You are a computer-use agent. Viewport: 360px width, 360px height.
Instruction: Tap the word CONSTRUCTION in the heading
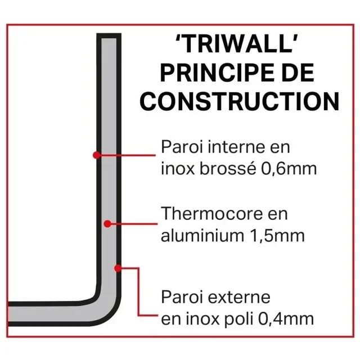click(x=240, y=101)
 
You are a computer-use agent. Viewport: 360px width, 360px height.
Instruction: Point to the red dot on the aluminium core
click(x=107, y=224)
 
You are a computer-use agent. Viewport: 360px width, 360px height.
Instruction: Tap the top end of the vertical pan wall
click(x=109, y=37)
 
